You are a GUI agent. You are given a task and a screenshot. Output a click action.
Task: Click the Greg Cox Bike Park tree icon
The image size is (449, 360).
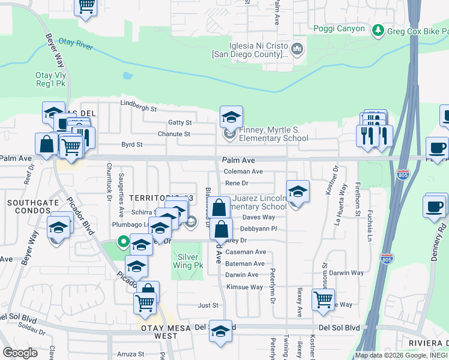tap(378, 29)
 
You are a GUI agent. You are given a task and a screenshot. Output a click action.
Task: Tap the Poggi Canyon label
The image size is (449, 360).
tap(339, 28)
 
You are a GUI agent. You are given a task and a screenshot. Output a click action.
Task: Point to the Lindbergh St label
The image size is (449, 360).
tap(138, 109)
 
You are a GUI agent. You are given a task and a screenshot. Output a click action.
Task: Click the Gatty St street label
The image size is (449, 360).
tap(179, 122)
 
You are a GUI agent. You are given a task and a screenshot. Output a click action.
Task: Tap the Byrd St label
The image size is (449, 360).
tap(131, 145)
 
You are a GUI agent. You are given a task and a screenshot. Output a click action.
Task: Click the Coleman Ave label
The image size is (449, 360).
tap(243, 171)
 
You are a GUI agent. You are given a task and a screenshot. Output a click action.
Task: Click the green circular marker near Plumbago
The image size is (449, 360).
tap(124, 242)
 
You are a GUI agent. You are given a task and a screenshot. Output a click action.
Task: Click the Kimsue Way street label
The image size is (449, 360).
tap(244, 287)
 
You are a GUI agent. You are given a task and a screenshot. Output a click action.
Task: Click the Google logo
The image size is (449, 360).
tap(20, 352)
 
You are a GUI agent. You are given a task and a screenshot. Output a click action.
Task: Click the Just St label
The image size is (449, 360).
tap(208, 305)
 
